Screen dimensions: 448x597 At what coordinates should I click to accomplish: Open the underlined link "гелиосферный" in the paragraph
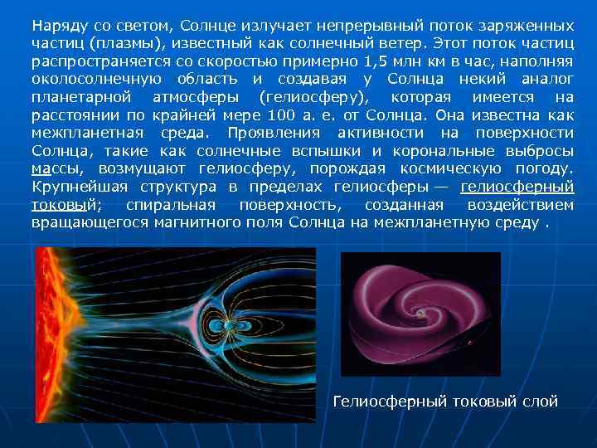click(x=517, y=187)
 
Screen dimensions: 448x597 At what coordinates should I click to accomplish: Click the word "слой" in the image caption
click(x=539, y=402)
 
